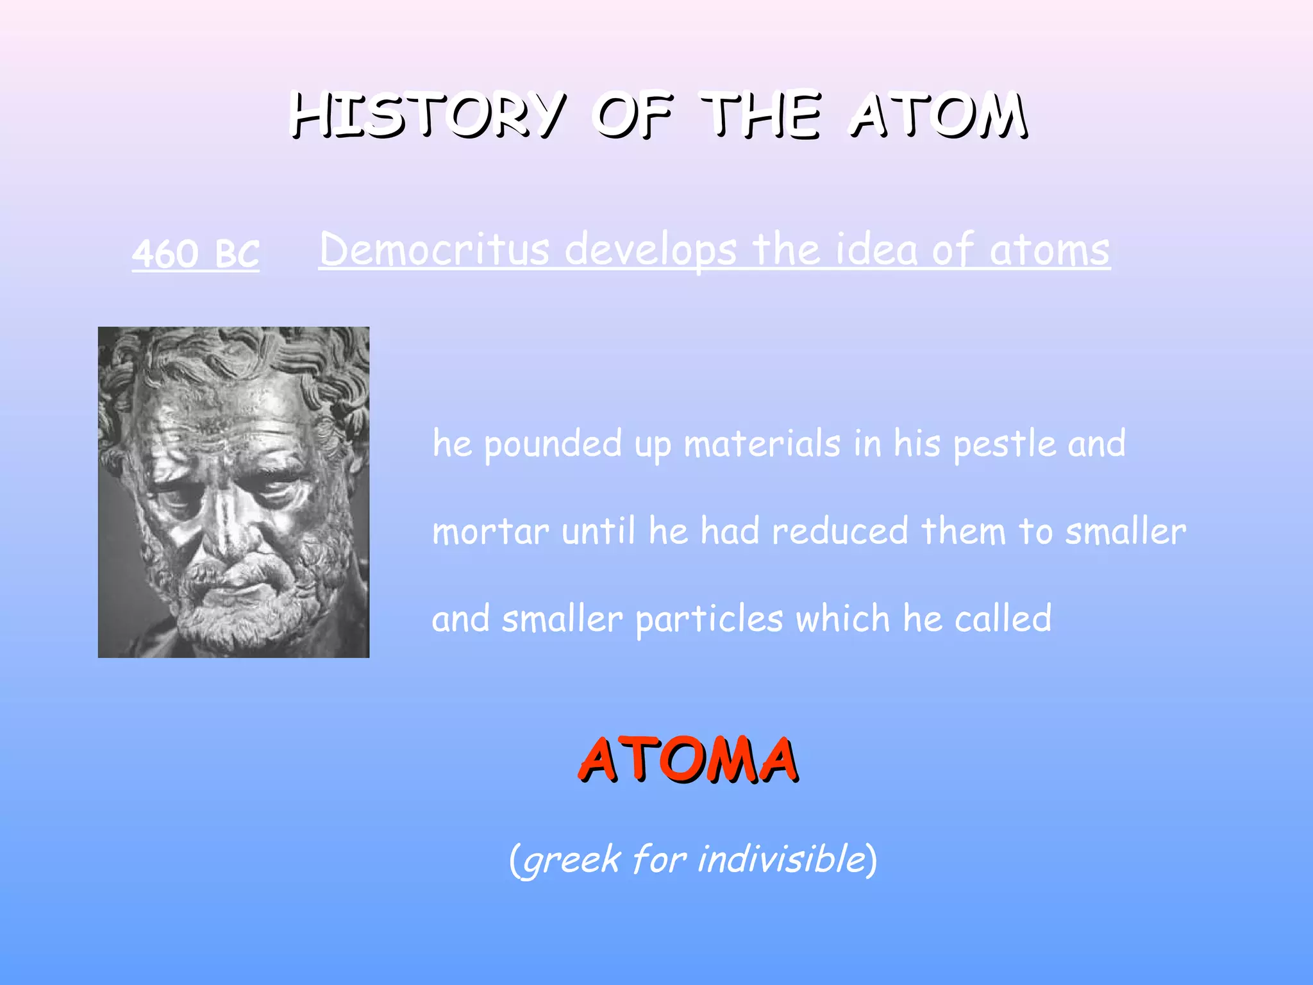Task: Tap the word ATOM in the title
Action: (939, 115)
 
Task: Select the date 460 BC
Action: (196, 253)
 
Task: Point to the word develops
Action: (651, 250)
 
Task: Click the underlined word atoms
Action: (1050, 250)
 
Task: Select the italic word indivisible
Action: (782, 859)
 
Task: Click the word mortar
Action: (490, 532)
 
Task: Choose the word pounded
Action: (553, 444)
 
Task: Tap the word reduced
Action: (840, 532)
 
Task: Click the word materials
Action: (762, 444)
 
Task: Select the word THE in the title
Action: (761, 115)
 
